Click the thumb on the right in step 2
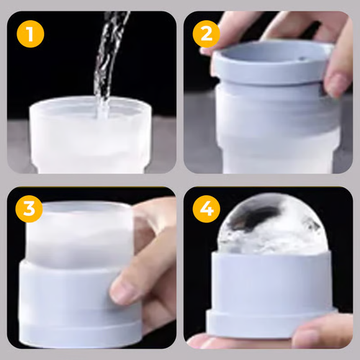pos(337,76)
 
